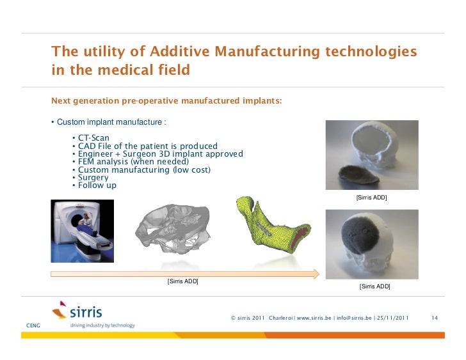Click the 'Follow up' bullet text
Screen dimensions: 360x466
[97, 185]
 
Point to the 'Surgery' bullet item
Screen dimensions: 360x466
[93, 178]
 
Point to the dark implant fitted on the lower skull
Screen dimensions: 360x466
[360, 237]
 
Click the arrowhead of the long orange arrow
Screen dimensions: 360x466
[315, 274]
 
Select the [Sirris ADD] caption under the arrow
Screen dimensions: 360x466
[182, 282]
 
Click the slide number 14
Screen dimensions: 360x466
[435, 318]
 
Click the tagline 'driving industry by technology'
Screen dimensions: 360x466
[102, 325]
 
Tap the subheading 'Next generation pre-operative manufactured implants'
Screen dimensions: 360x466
[166, 101]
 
